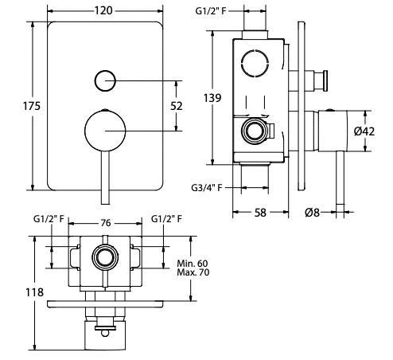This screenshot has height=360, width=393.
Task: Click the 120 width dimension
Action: pos(106,10)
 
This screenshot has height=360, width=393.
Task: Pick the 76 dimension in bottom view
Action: pos(104,224)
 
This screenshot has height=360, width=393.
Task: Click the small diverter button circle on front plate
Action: pos(105,80)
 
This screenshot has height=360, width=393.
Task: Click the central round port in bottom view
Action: pos(104,256)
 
